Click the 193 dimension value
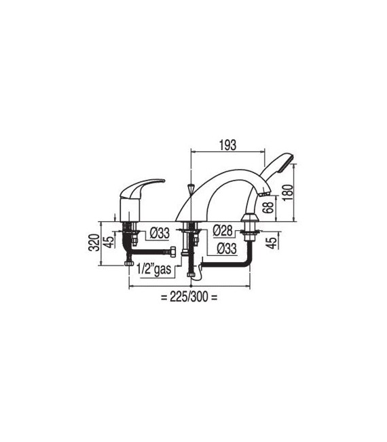tap(227, 145)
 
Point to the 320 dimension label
tap(94, 242)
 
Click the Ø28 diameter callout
tap(223, 230)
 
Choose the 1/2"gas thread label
tap(154, 269)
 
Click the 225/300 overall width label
tap(189, 297)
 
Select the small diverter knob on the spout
tap(191, 188)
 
